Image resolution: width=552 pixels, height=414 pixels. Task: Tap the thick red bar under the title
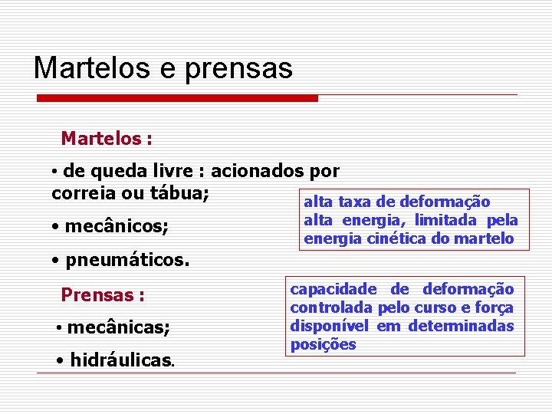178,98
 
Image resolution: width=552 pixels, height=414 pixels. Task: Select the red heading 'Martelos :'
107,139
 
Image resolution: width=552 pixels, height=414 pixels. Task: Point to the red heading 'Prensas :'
103,294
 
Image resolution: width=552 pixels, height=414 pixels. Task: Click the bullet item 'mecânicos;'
117,227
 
